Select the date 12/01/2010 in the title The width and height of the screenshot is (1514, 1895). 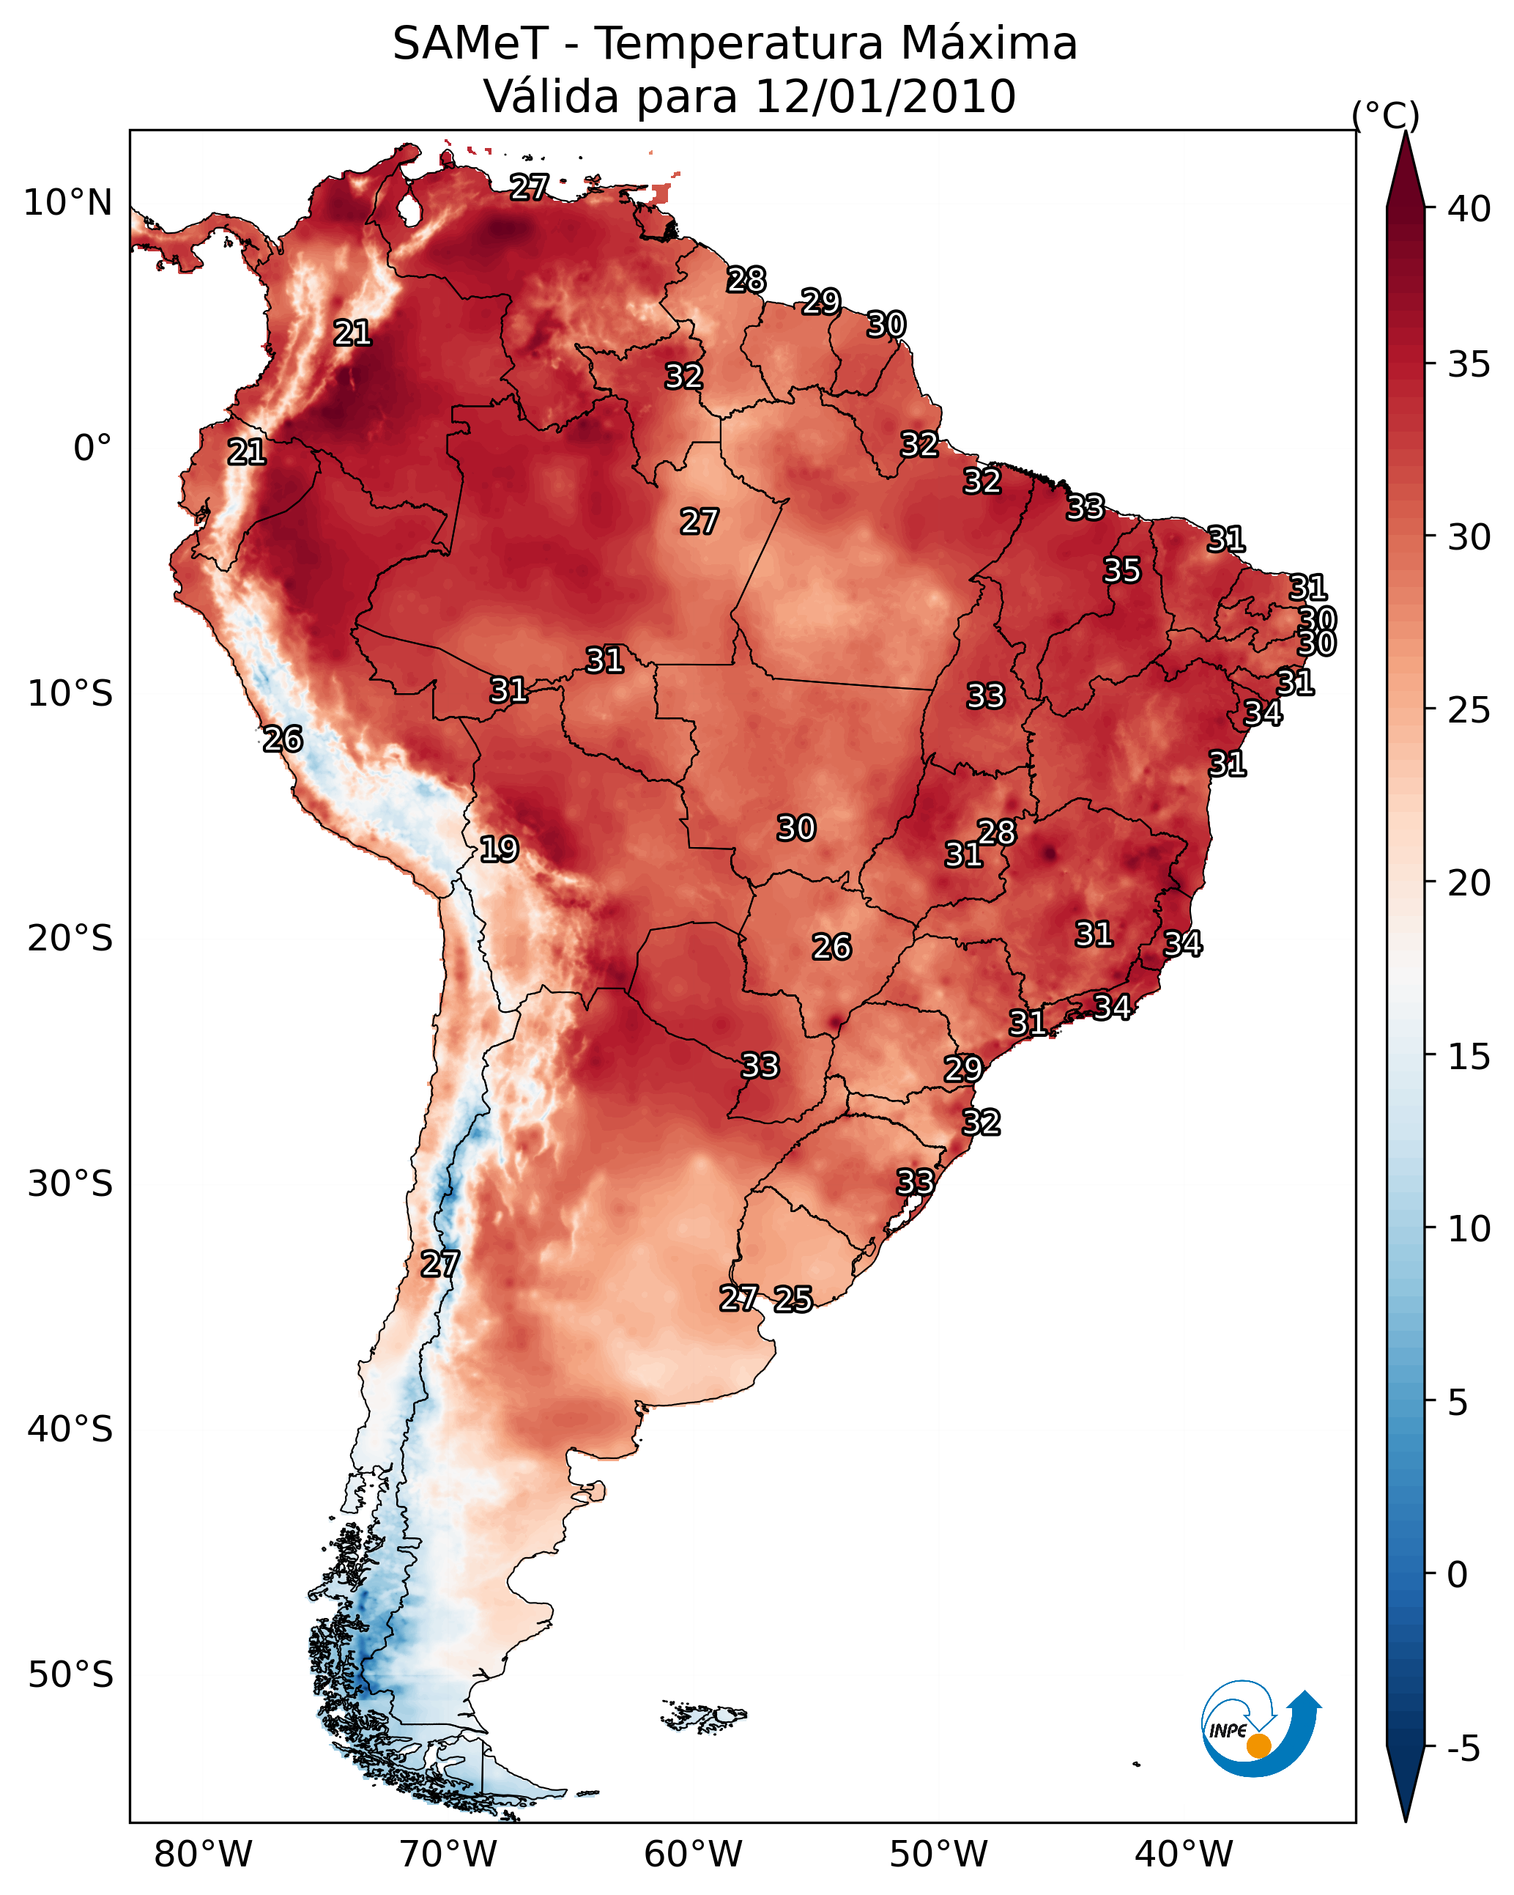[x=885, y=96]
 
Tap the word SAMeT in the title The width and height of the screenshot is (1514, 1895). [x=470, y=44]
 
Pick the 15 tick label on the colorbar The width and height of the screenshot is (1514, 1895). [x=1469, y=1057]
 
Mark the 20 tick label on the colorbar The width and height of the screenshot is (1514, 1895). [x=1469, y=883]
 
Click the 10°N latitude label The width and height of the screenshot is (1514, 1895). [x=67, y=203]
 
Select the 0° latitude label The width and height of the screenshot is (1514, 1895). [x=93, y=448]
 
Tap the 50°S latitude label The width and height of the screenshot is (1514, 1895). [x=70, y=1675]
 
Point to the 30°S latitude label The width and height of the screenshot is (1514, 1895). [x=70, y=1184]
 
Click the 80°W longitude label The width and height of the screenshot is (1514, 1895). [x=203, y=1855]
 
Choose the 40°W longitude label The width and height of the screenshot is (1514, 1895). [x=1184, y=1855]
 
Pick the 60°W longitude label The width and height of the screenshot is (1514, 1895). [x=694, y=1855]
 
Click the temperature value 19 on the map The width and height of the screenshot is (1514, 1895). [x=499, y=850]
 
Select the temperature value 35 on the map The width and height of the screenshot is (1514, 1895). [x=1122, y=570]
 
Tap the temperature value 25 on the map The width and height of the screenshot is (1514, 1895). [x=793, y=1299]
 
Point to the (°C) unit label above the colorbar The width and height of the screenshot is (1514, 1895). [x=1386, y=116]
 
